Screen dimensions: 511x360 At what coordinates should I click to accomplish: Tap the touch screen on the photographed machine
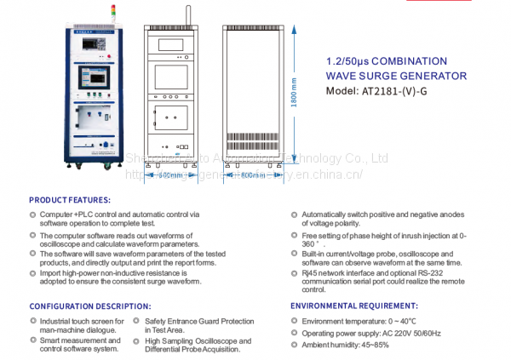pos(94,76)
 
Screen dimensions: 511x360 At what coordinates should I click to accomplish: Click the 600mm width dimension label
pos(170,176)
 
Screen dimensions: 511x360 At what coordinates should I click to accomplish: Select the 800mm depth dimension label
pos(254,176)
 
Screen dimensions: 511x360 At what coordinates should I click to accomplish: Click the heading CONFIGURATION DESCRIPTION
pos(89,305)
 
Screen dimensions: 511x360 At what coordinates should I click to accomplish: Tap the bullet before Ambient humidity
pos(295,345)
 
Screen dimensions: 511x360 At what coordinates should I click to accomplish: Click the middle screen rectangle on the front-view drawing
pos(171,77)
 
